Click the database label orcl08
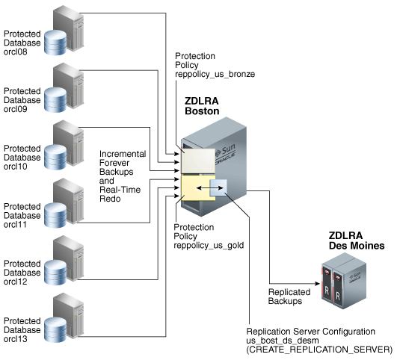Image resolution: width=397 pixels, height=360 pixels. click(x=16, y=52)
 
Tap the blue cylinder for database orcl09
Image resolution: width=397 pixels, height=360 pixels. click(x=55, y=99)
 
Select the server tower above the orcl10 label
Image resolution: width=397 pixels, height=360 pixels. click(x=68, y=142)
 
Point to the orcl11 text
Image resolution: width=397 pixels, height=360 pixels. click(x=15, y=224)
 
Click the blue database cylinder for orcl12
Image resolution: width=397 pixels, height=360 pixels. click(x=55, y=273)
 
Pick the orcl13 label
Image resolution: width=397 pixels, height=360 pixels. click(x=16, y=339)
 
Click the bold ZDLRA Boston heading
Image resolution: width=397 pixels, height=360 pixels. click(x=202, y=106)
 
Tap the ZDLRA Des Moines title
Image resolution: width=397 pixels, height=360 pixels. click(x=357, y=240)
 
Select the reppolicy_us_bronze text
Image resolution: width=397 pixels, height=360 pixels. click(x=215, y=74)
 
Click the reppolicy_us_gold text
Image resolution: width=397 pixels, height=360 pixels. click(x=209, y=245)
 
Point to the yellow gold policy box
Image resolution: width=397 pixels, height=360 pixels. click(x=197, y=187)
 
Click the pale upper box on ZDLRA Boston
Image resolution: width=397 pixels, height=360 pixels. click(x=198, y=161)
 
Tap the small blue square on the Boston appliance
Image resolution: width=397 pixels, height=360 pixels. click(x=218, y=187)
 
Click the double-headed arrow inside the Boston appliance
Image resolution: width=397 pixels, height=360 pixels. click(x=210, y=188)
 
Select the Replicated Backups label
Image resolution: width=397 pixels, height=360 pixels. click(x=289, y=297)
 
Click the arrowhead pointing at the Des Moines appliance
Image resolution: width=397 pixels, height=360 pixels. click(x=318, y=284)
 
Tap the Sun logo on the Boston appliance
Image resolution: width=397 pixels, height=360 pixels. click(x=225, y=151)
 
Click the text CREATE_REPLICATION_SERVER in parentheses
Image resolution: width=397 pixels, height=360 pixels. click(x=319, y=350)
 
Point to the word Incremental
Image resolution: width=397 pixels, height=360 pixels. click(x=123, y=154)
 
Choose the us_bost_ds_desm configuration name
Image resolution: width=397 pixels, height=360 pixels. click(x=283, y=341)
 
